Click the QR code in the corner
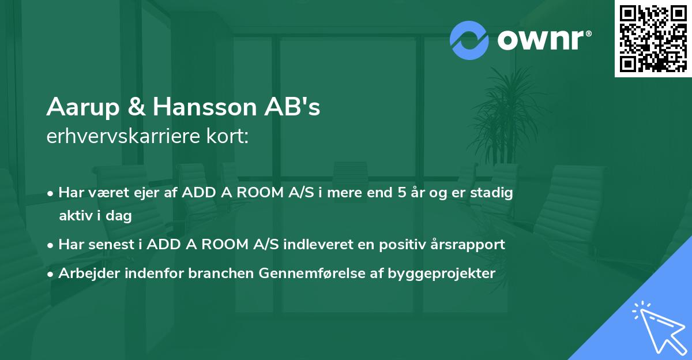[x=653, y=38]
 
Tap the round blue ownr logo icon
[x=469, y=40]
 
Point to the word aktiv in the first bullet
[x=77, y=216]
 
